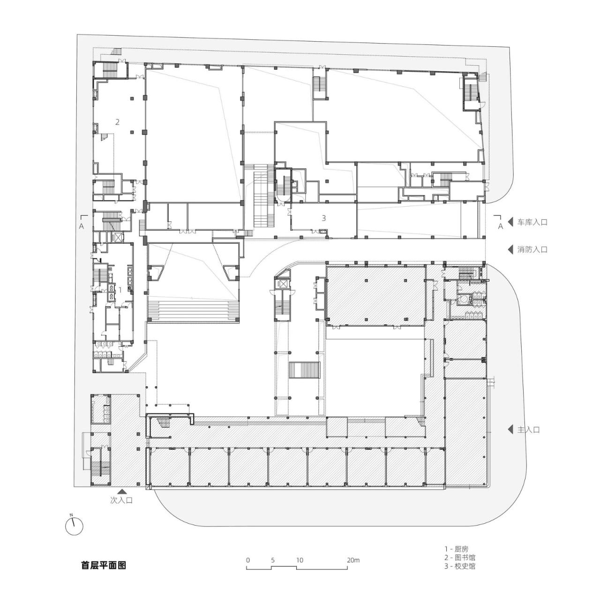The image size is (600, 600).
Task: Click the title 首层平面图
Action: [104, 565]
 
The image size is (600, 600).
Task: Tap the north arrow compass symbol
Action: [74, 526]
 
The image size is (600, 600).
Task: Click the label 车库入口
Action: [532, 222]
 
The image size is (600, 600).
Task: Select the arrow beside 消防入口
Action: [510, 249]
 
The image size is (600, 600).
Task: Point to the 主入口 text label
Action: [529, 429]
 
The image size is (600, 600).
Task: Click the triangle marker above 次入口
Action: [122, 491]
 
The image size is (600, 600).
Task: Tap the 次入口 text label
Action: [121, 500]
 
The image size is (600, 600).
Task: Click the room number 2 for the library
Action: [118, 122]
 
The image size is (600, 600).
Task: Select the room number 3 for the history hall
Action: [323, 218]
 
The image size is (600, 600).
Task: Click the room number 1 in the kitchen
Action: [120, 290]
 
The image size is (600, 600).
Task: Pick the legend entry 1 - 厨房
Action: [456, 548]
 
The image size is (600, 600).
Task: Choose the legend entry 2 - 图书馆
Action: [459, 557]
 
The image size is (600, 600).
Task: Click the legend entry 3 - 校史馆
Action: [459, 566]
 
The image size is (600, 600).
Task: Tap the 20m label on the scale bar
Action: [353, 560]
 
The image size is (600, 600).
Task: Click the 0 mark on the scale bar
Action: [247, 560]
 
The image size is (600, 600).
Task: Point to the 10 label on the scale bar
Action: [300, 560]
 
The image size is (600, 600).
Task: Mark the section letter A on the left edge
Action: [82, 225]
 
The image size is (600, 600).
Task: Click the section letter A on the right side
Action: [500, 226]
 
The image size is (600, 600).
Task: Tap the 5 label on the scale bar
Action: [272, 560]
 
